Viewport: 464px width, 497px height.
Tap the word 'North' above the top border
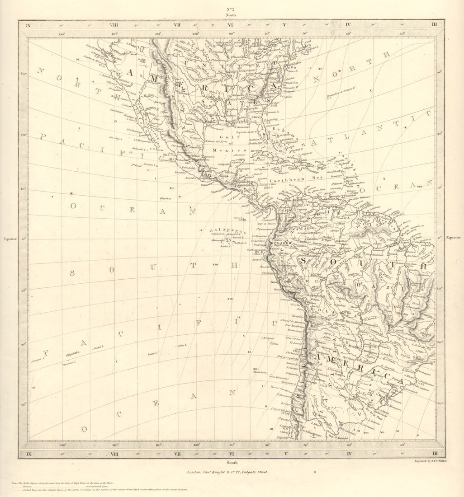tap(231, 15)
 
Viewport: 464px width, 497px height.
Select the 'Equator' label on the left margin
tap(10, 239)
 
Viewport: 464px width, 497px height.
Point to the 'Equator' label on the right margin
tap(454, 238)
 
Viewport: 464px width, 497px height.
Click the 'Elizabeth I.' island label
tap(73, 352)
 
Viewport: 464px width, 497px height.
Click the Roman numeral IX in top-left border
tap(28, 25)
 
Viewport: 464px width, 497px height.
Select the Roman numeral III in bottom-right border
tap(435, 453)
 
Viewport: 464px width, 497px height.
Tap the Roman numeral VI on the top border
tap(231, 25)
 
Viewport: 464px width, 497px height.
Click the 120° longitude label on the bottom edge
tap(115, 445)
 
